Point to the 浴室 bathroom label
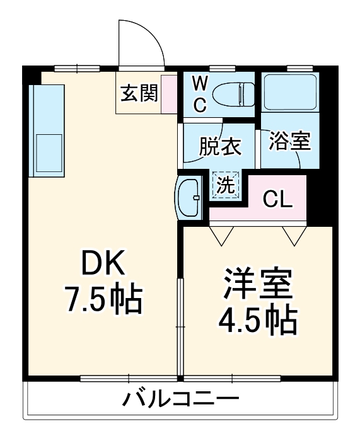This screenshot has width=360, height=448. (x=289, y=141)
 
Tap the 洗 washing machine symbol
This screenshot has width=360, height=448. (x=225, y=185)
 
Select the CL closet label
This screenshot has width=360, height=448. (x=277, y=199)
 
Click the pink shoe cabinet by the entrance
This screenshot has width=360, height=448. (x=168, y=94)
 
